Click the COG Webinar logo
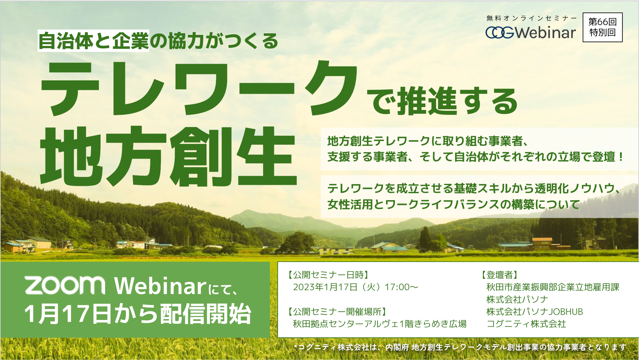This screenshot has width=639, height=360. pos(531,32)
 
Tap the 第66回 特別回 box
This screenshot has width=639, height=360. pos(602,27)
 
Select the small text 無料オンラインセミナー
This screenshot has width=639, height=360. pos(532,18)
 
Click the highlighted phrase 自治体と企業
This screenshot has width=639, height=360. pos(94,41)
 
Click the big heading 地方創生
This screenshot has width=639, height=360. pos(168,156)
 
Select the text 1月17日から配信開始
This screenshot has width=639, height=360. pos(138,314)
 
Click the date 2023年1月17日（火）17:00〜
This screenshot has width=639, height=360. pos(356,287)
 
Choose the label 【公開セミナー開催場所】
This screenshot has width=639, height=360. pos(336,311)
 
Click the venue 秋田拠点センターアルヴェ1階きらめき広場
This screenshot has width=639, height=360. pos(380,324)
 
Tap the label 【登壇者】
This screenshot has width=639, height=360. pos(499,275)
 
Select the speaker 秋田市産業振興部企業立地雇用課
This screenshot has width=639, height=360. pos(553,287)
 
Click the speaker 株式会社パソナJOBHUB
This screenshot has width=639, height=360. pos(535,311)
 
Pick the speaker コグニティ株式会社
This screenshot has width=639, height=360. pos(526,324)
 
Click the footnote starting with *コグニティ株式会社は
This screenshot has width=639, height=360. pos(460,347)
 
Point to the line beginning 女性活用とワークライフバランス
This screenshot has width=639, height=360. pos(453,204)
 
